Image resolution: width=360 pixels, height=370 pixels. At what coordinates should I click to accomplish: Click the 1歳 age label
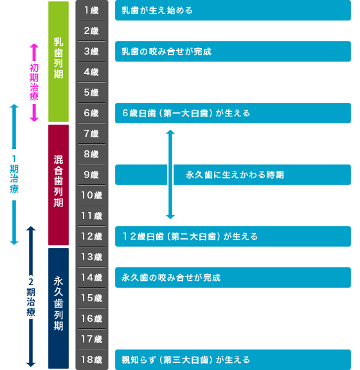click(x=91, y=10)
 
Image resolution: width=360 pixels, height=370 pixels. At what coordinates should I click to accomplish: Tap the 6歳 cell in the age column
click(x=91, y=113)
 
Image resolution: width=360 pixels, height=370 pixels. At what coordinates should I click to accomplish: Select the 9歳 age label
click(x=91, y=175)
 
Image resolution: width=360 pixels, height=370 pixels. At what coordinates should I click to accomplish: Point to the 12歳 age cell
click(x=91, y=236)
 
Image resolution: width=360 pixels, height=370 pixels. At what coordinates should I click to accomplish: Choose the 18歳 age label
click(x=91, y=360)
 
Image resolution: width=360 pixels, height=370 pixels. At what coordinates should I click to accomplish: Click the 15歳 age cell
click(x=91, y=298)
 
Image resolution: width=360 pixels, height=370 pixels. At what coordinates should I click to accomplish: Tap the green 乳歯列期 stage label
click(x=59, y=58)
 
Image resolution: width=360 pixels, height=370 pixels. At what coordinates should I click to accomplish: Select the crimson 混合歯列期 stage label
click(x=59, y=181)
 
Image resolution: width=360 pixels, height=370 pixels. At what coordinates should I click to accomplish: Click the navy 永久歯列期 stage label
click(x=59, y=303)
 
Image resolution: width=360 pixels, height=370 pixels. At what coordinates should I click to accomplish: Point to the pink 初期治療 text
click(x=34, y=82)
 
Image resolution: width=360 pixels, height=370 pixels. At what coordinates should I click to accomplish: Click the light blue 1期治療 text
click(x=14, y=174)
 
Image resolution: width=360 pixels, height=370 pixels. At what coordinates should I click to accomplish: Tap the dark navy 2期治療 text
click(x=31, y=297)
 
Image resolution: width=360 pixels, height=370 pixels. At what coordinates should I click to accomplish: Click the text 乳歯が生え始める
click(x=157, y=10)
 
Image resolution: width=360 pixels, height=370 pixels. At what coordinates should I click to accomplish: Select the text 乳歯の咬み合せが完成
click(x=166, y=51)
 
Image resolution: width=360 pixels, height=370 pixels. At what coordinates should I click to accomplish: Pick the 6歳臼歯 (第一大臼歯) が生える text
click(x=186, y=113)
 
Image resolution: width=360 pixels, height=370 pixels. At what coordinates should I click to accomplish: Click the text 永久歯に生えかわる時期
click(x=235, y=175)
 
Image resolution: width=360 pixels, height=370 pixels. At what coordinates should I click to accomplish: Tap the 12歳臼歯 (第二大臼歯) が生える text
click(x=190, y=236)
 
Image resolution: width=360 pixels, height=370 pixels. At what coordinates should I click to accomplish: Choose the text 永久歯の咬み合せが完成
click(x=171, y=277)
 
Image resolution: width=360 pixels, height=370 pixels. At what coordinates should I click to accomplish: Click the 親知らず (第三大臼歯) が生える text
click(x=186, y=360)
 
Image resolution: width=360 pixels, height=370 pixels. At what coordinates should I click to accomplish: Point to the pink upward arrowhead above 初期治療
click(x=34, y=46)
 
